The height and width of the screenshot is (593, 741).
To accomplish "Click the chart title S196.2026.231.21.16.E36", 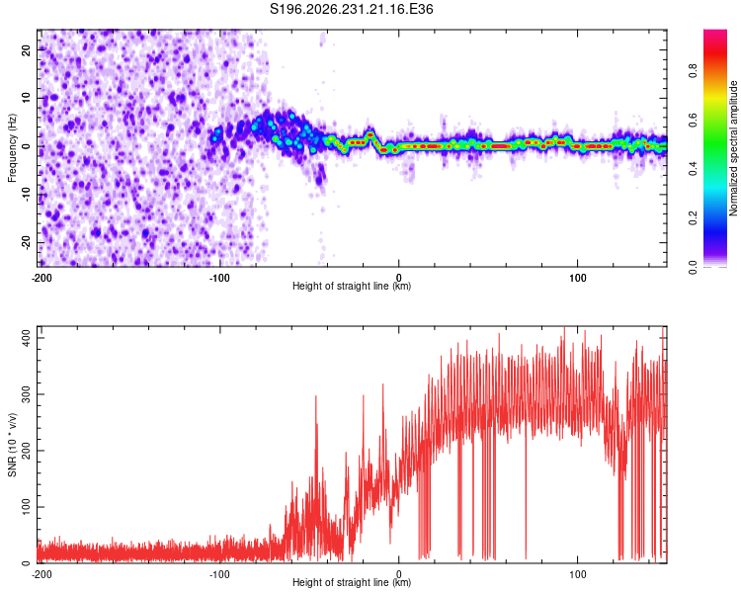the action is click(x=351, y=9).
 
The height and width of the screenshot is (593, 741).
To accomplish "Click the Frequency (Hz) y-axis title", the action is click(x=12, y=148).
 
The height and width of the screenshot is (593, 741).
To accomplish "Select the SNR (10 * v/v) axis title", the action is click(x=12, y=445).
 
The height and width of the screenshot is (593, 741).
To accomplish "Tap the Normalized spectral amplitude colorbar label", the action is click(x=733, y=148).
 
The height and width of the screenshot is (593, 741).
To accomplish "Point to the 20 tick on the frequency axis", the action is click(x=27, y=49).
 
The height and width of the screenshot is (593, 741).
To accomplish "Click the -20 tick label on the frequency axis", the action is click(x=27, y=242).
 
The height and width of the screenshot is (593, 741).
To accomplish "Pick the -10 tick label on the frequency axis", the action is click(x=27, y=195).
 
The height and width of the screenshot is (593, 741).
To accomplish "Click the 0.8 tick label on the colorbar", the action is click(x=693, y=71).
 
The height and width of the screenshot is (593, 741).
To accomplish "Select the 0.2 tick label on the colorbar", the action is click(x=693, y=218).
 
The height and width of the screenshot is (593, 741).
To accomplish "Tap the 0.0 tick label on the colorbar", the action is click(x=693, y=267).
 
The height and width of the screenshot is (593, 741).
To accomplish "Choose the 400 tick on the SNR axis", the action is click(x=27, y=338).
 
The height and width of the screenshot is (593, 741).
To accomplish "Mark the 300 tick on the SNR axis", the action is click(x=27, y=394).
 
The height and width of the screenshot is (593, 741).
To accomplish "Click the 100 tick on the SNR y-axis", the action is click(x=27, y=506).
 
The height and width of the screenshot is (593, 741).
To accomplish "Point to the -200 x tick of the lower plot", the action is click(x=41, y=574).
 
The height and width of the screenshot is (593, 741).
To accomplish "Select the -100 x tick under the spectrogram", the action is click(x=219, y=278).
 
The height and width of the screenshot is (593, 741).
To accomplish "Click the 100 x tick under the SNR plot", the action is click(x=578, y=574).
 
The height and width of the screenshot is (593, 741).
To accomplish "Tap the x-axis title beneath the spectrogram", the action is click(x=352, y=286).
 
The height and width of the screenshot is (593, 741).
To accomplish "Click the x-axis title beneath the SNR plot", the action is click(x=352, y=582).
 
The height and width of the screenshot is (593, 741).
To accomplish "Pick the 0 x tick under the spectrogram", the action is click(x=399, y=278).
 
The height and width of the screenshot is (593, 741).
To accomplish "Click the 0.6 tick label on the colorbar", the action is click(x=693, y=121).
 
